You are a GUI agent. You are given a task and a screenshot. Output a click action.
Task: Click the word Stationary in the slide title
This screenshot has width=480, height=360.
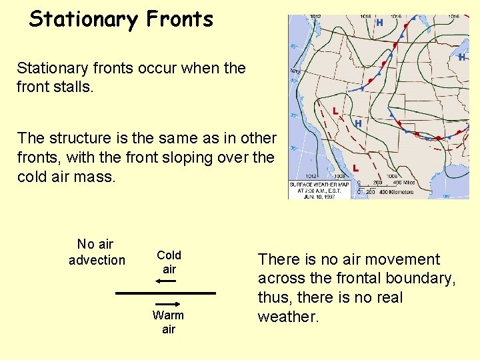[83, 19]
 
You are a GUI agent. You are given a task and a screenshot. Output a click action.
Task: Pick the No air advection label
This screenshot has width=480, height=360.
[97, 252]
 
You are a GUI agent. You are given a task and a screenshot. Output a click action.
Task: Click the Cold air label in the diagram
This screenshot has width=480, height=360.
[169, 261]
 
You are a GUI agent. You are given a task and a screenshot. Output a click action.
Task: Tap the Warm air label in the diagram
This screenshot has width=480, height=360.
[168, 321]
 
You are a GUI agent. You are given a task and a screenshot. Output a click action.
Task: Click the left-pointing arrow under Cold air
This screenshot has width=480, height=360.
[166, 281]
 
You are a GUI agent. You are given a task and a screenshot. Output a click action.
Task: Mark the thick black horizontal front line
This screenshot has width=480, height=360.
[166, 293]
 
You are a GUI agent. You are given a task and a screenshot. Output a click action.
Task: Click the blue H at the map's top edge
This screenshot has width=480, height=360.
[379, 22]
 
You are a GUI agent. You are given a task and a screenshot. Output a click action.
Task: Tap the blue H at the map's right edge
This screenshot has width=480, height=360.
[461, 57]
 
